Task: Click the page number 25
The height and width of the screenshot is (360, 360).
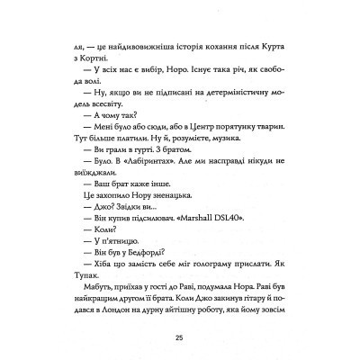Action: (x=180, y=337)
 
